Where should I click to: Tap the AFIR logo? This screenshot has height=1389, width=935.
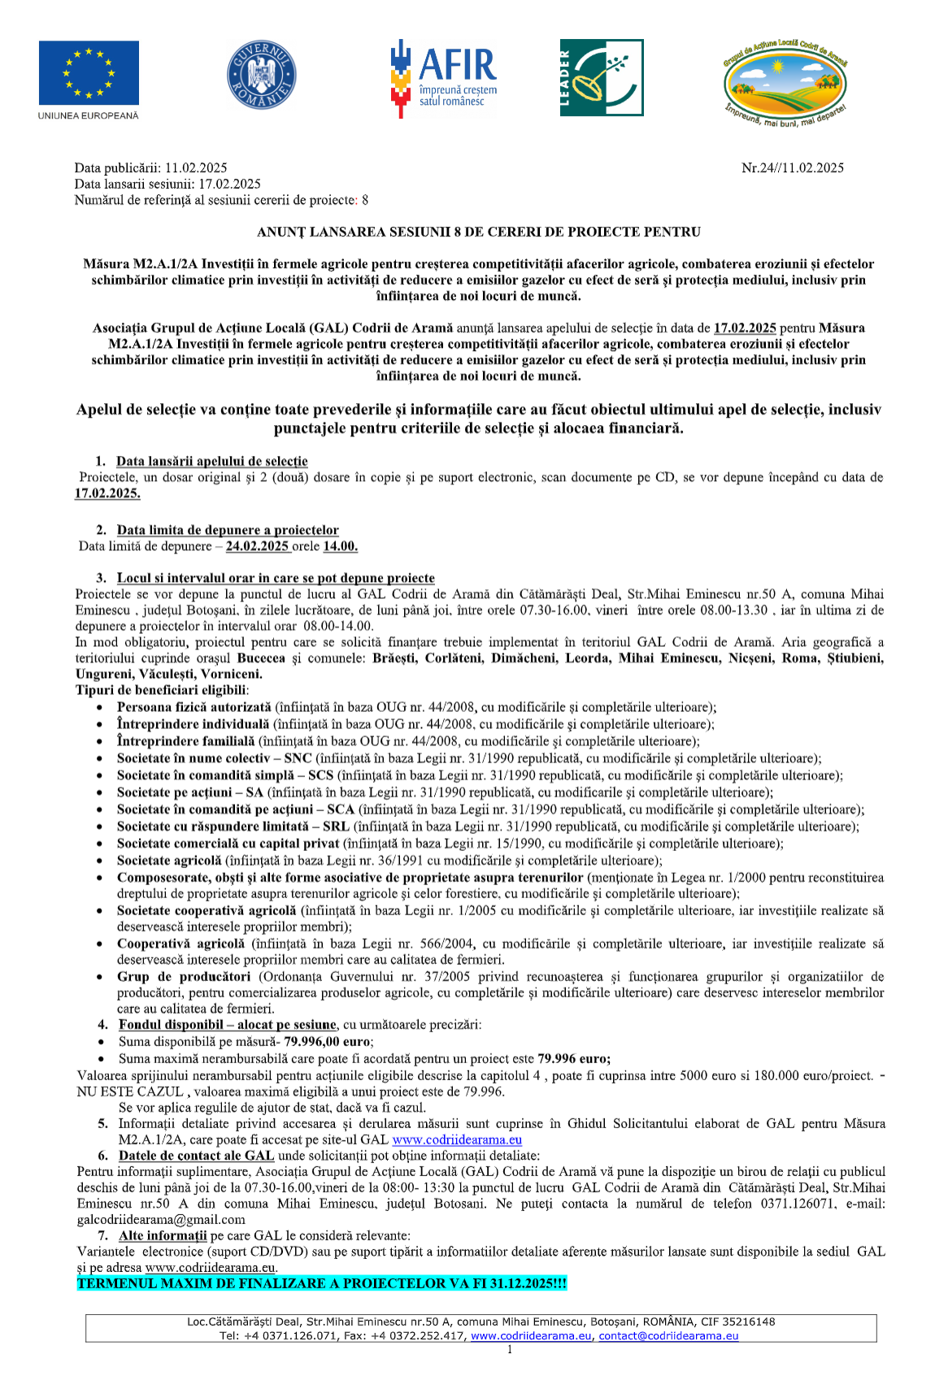point(444,78)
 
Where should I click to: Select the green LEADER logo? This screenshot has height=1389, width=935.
point(601,78)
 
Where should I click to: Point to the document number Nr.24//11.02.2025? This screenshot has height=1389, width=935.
point(792,168)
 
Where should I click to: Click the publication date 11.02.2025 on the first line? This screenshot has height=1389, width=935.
point(196,168)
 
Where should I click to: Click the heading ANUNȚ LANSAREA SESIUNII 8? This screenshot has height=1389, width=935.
point(478,232)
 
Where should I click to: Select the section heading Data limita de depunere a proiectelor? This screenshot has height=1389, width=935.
point(228,530)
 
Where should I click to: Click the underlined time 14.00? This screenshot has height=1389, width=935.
point(340,546)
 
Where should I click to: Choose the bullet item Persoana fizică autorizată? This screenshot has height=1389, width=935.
point(194,708)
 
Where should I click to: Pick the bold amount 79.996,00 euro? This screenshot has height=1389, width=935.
point(328,1042)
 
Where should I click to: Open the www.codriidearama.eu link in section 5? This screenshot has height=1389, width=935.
point(457,1139)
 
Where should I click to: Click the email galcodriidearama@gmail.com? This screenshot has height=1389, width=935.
point(161,1219)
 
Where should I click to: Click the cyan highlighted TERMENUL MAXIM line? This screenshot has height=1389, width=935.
point(321,1283)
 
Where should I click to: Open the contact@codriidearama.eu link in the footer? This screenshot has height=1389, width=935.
point(668,1335)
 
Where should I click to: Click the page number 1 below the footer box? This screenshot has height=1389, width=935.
point(510,1350)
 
